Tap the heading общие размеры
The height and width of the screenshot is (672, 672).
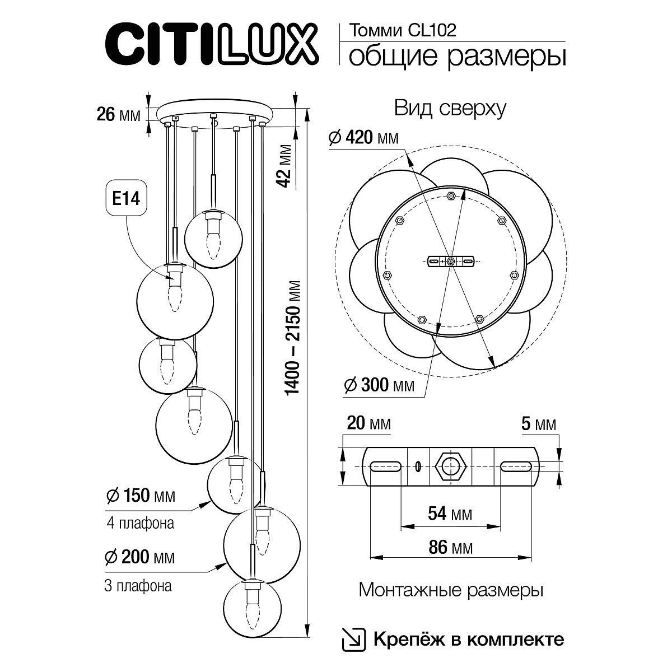click(456, 57)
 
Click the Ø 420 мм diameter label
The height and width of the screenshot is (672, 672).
click(364, 138)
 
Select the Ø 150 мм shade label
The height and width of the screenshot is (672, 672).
click(140, 496)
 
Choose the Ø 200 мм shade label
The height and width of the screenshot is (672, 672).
click(140, 557)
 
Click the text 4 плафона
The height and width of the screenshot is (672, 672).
click(139, 524)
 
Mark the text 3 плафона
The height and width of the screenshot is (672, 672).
click(138, 586)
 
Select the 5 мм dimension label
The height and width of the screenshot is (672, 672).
click(538, 424)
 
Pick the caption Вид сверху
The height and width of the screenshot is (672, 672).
click(450, 108)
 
